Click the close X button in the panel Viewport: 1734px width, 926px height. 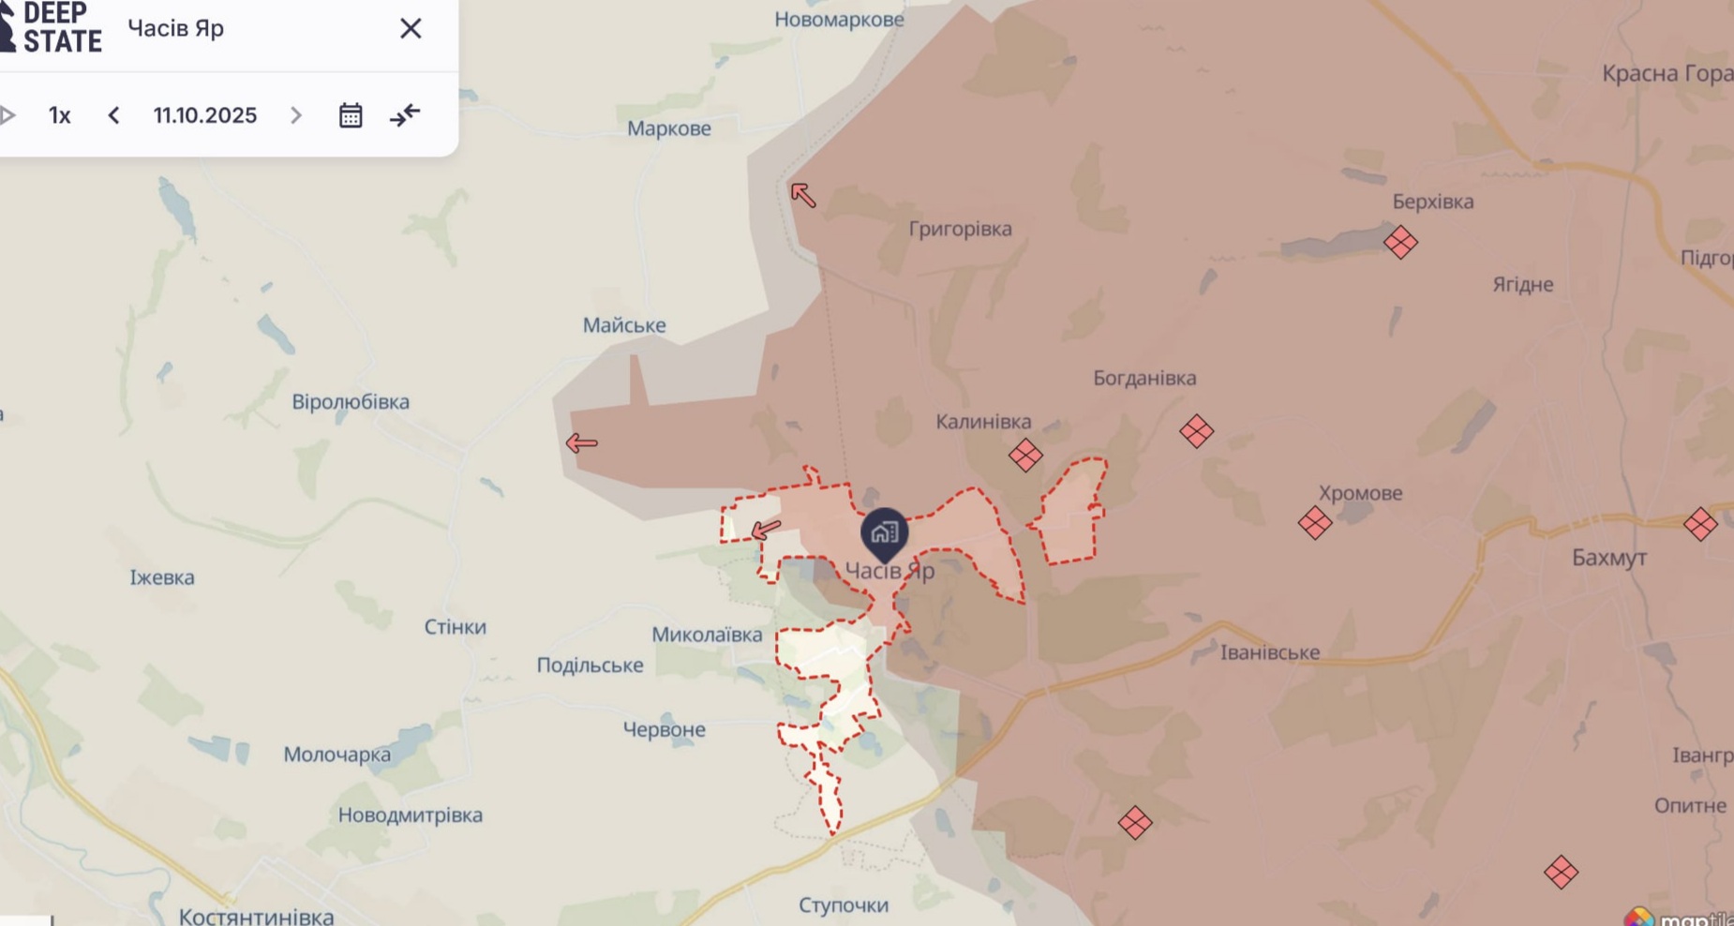click(x=411, y=29)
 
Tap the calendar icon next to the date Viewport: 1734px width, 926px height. click(x=351, y=115)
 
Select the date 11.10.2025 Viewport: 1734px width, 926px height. click(x=205, y=115)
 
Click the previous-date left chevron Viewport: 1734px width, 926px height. click(x=113, y=115)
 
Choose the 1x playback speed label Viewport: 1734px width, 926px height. click(x=60, y=115)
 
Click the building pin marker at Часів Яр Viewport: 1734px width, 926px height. click(x=884, y=533)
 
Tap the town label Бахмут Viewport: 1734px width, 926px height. click(x=1608, y=558)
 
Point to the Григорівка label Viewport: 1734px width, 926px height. click(x=960, y=229)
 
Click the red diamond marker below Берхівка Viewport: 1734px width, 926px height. click(x=1400, y=243)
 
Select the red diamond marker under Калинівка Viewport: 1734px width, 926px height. click(x=1025, y=456)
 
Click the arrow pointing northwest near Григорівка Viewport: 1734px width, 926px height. click(x=802, y=195)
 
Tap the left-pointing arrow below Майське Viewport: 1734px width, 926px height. click(x=581, y=443)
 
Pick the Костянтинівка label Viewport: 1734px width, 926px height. click(x=256, y=916)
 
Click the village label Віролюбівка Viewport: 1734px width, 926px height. click(x=351, y=402)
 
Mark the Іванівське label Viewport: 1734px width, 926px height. click(x=1269, y=652)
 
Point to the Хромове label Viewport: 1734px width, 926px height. click(x=1360, y=493)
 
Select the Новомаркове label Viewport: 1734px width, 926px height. click(x=839, y=20)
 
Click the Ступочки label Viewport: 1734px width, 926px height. click(x=844, y=905)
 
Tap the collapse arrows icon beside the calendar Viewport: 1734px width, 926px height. click(x=405, y=115)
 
